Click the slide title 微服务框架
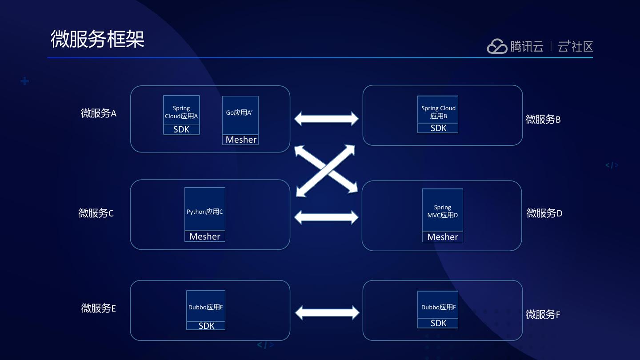97,39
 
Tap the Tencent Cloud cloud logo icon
497,46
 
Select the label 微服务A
98,113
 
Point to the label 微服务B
543,119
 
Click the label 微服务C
96,213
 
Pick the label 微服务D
544,213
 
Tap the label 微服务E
98,308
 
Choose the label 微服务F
543,315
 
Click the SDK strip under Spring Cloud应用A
181,129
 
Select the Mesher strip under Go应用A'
240,140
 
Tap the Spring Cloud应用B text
438,112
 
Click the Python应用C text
205,212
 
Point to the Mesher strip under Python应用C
205,236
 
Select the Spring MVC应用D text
442,211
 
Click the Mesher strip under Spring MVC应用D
442,237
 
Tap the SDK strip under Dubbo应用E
206,326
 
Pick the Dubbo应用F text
438,307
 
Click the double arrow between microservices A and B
326,119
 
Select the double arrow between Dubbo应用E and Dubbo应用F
327,312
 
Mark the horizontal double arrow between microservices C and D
326,217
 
